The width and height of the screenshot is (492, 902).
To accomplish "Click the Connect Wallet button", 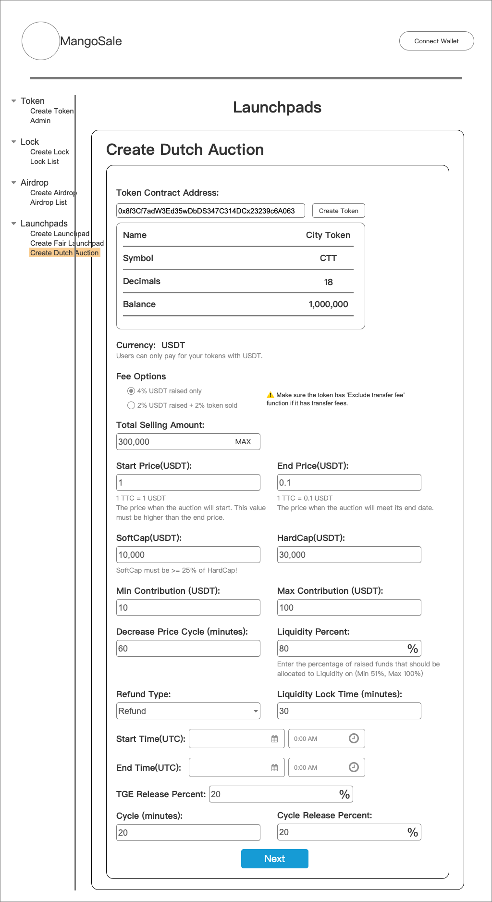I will click(x=436, y=41).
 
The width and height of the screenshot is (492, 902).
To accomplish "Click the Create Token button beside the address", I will click(x=338, y=211).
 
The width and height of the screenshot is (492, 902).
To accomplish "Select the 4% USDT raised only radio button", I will click(x=131, y=391).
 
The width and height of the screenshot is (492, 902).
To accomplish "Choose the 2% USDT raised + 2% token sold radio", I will click(x=131, y=405).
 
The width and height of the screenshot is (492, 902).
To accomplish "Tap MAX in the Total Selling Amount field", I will click(x=243, y=442).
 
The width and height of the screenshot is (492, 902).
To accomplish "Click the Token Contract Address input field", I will click(x=210, y=211).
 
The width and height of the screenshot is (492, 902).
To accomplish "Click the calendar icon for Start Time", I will click(x=274, y=739).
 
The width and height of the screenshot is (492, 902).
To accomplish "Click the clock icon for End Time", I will click(x=354, y=767).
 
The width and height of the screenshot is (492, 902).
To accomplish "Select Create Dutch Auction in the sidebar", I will click(x=64, y=253).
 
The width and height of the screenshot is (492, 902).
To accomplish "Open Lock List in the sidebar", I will click(x=44, y=162).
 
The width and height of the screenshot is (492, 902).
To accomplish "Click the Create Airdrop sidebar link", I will click(x=53, y=193).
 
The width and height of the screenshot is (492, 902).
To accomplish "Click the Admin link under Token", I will click(x=40, y=121).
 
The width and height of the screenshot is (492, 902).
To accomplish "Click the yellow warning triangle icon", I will click(x=271, y=395).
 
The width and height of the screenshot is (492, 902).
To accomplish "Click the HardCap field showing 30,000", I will click(x=349, y=555).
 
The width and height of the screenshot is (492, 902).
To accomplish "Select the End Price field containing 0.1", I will click(x=349, y=483).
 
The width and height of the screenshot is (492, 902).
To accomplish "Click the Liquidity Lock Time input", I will click(x=349, y=711).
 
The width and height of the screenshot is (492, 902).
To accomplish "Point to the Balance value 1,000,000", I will click(x=328, y=304).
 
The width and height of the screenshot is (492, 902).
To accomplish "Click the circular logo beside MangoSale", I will click(x=41, y=41).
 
